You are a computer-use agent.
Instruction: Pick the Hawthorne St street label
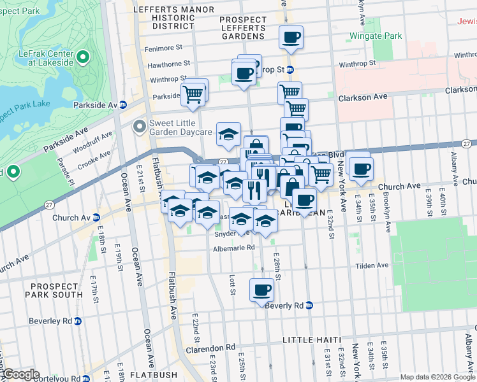click(x=168, y=64)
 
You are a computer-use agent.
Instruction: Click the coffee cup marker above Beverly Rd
click(x=261, y=290)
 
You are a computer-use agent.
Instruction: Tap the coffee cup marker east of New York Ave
click(x=361, y=169)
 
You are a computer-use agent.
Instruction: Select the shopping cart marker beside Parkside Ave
click(x=193, y=95)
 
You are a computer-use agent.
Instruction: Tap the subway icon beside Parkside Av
click(x=123, y=104)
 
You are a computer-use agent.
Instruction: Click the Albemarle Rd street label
click(x=233, y=248)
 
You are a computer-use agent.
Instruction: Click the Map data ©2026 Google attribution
click(x=437, y=377)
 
